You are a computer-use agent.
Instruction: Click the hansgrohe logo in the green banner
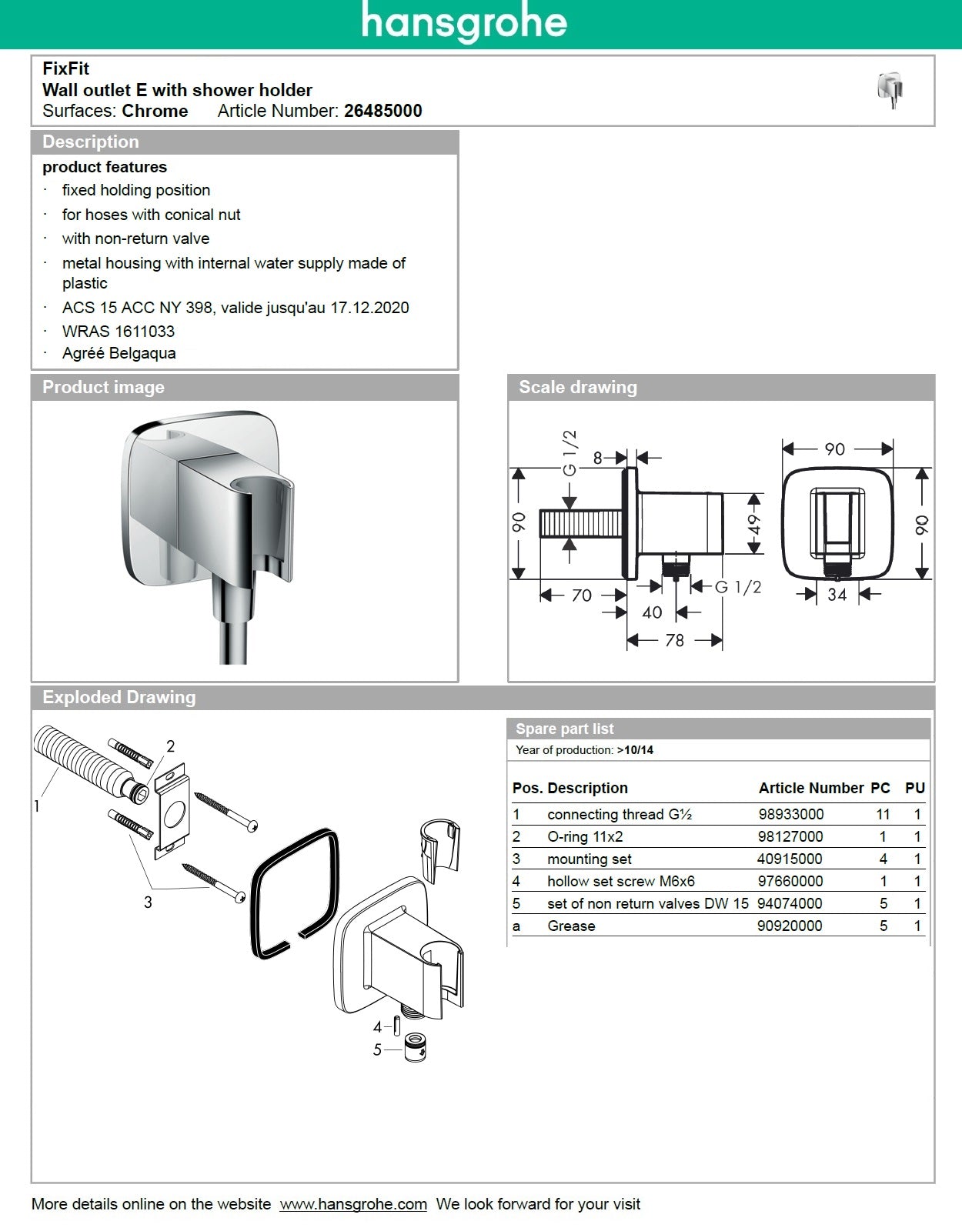pyautogui.click(x=464, y=22)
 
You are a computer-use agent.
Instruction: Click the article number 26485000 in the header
pyautogui.click(x=382, y=111)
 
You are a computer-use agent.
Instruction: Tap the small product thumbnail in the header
pyautogui.click(x=890, y=89)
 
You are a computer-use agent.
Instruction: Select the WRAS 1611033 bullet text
pyautogui.click(x=118, y=332)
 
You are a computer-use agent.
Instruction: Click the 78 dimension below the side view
pyautogui.click(x=674, y=640)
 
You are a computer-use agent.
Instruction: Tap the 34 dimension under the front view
pyautogui.click(x=837, y=594)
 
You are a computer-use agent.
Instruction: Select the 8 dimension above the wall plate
pyautogui.click(x=598, y=459)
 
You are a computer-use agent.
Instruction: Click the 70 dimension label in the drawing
pyautogui.click(x=582, y=595)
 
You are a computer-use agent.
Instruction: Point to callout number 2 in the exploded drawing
pyautogui.click(x=170, y=746)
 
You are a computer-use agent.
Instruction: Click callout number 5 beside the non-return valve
pyautogui.click(x=377, y=1049)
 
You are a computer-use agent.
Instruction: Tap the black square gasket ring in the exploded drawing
pyautogui.click(x=295, y=892)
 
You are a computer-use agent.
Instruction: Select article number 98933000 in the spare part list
pyautogui.click(x=790, y=814)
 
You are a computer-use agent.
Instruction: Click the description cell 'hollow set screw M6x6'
pyautogui.click(x=620, y=881)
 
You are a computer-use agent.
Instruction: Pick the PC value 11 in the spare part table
pyautogui.click(x=883, y=814)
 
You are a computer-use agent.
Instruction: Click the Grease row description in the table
pyautogui.click(x=571, y=926)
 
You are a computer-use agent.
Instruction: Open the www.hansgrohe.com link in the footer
pyautogui.click(x=352, y=1204)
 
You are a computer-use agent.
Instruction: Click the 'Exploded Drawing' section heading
pyautogui.click(x=119, y=698)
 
